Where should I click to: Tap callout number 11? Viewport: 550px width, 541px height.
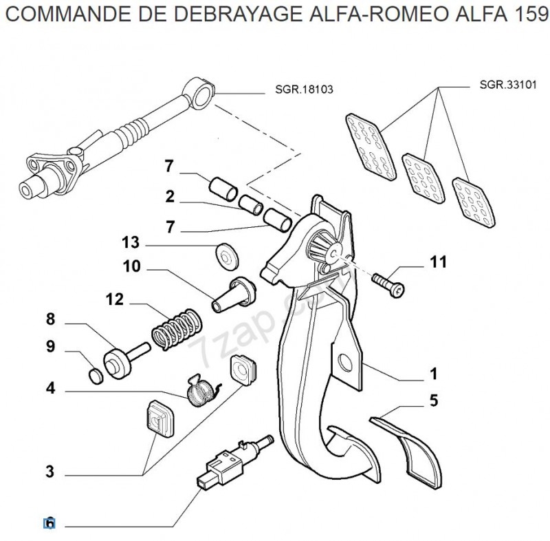[438, 262]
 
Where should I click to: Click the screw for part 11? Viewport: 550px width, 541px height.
[389, 282]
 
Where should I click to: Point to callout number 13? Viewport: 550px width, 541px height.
[131, 242]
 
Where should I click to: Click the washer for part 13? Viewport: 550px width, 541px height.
[224, 254]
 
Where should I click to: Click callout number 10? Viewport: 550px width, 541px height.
[131, 266]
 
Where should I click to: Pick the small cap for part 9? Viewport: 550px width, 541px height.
[97, 374]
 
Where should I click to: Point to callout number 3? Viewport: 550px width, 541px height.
[49, 471]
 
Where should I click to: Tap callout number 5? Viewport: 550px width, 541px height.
[434, 401]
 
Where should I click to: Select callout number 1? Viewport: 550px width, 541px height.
[434, 374]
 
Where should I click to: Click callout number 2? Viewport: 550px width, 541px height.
[170, 197]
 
